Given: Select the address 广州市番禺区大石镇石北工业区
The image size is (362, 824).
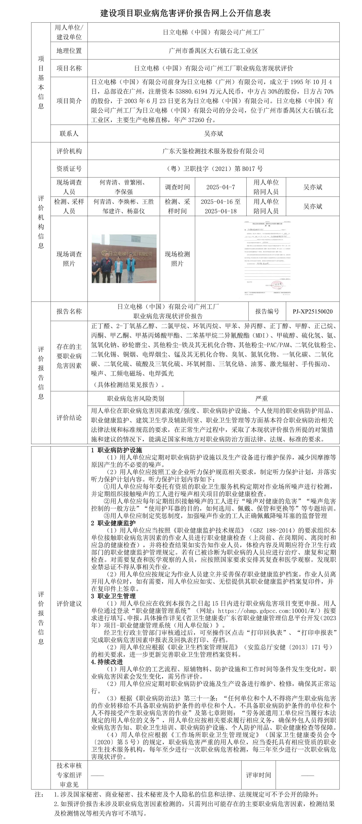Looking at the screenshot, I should coord(213,51).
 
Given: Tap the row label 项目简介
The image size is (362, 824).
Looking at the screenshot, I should coord(69,101).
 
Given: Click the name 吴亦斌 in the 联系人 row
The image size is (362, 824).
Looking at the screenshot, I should coord(213,134).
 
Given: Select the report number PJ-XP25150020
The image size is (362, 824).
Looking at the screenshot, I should coord(313,312).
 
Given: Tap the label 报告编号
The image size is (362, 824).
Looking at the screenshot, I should coord(267,312).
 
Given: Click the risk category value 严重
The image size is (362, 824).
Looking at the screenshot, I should coord(261,399).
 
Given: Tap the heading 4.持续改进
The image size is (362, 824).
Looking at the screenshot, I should coord(107,662).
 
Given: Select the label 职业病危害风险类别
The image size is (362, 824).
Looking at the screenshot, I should coord(136,399).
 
